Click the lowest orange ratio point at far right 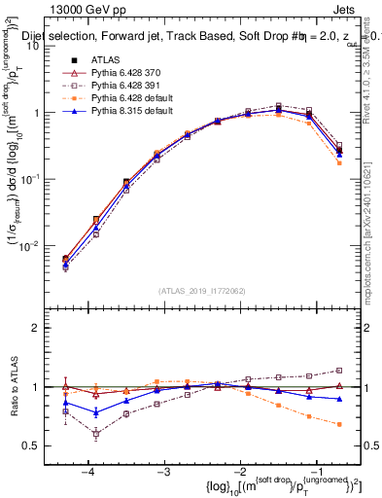pyautogui.click(x=339, y=424)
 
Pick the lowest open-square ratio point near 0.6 pyautogui.click(x=95, y=434)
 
